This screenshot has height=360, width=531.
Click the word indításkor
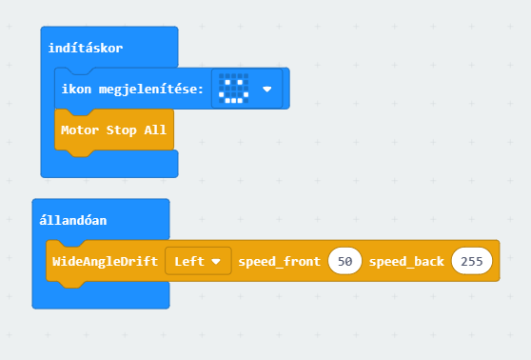86,48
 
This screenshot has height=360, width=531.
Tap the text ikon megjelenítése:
132,90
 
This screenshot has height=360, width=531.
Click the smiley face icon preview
234,89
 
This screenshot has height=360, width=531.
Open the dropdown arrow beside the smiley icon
267,90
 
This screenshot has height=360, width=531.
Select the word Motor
80,130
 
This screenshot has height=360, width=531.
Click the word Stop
121,130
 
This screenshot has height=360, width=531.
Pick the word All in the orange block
155,130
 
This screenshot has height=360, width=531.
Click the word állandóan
73,220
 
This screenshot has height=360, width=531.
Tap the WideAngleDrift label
105,261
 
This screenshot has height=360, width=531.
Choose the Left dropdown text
189,261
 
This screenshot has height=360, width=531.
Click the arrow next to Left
216,261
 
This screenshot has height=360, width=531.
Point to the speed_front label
280,262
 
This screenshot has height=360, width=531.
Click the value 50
344,261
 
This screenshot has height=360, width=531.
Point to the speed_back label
406,262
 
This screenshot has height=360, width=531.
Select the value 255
472,261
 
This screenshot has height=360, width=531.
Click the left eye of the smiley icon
227,82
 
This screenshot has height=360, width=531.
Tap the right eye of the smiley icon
240,82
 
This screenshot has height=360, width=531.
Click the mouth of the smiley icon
234,98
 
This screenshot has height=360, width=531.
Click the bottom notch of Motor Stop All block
80,153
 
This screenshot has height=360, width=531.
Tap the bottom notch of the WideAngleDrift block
71,285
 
